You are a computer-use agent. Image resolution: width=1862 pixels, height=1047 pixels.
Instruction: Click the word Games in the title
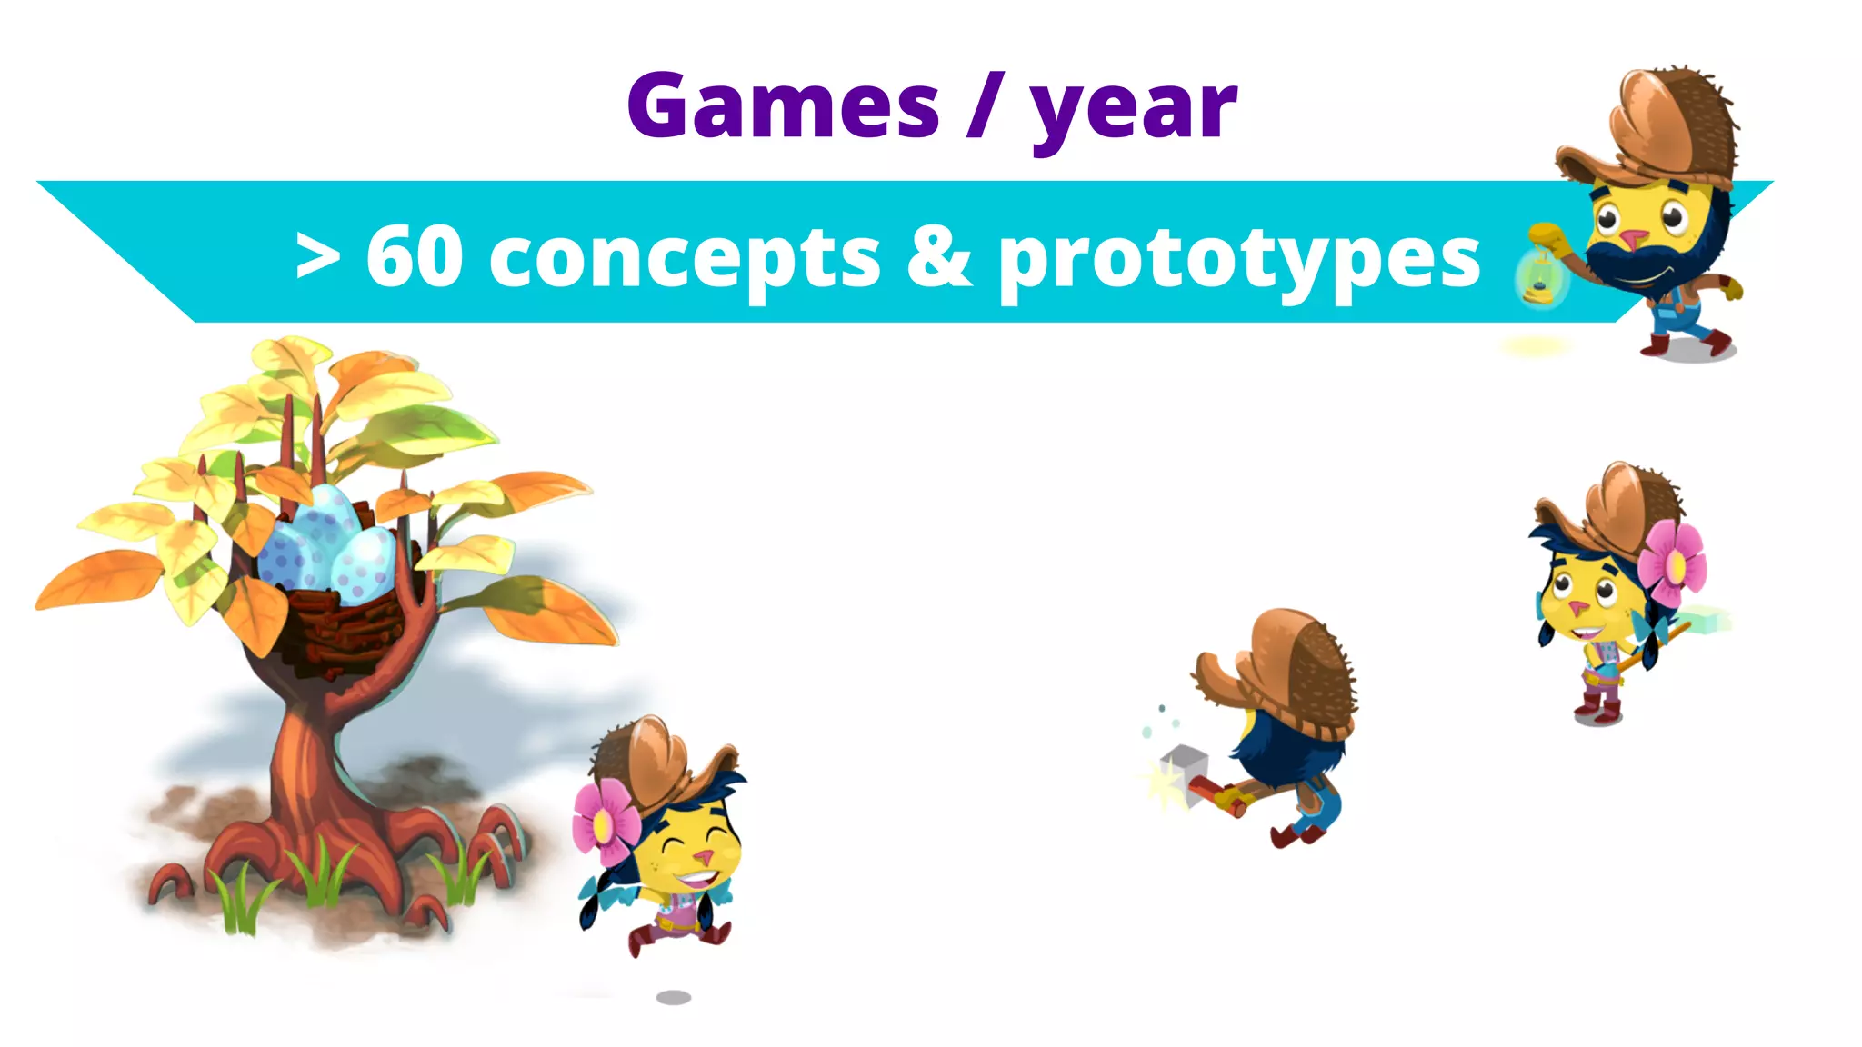(782, 107)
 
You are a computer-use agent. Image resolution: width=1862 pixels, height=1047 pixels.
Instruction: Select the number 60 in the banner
(415, 256)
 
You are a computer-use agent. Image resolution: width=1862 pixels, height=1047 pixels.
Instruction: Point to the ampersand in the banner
(939, 256)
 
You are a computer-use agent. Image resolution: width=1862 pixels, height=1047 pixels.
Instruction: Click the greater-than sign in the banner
(317, 257)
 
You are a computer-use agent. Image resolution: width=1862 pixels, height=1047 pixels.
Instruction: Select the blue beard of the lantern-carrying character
(1655, 264)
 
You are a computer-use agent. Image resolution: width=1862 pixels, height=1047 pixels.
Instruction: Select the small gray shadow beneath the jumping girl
(673, 997)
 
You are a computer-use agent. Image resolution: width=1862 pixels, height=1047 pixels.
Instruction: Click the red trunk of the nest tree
(305, 763)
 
